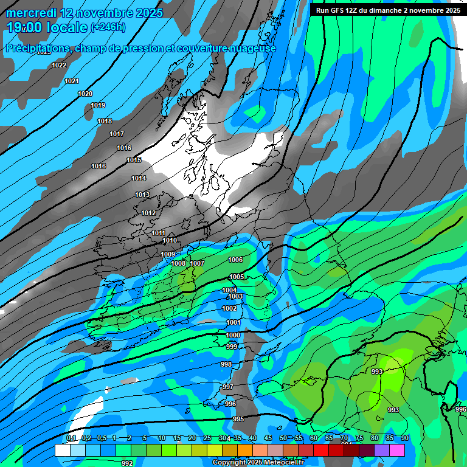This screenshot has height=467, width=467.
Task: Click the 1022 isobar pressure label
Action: [59, 65]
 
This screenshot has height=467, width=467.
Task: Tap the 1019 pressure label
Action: [98, 105]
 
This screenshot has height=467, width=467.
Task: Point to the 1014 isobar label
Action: [139, 178]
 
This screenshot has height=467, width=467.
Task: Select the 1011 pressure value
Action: [158, 233]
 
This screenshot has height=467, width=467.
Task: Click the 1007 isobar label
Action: [197, 263]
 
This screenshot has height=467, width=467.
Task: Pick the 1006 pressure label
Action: [235, 260]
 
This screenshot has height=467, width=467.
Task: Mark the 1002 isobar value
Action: [229, 308]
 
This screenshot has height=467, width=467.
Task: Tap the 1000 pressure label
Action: [233, 335]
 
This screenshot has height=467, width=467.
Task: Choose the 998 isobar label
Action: [226, 364]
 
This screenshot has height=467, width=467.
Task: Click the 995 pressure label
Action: [238, 419]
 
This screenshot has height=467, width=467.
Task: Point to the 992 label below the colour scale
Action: [126, 463]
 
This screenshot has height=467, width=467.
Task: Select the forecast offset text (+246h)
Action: [108, 27]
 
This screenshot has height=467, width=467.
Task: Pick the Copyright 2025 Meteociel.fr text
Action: [257, 463]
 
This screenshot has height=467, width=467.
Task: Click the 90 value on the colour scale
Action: [405, 438]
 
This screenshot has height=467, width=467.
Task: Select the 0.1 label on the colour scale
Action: [71, 438]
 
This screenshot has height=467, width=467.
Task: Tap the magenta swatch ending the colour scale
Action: [397, 450]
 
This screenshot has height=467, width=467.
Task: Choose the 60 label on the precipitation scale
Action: [314, 438]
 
